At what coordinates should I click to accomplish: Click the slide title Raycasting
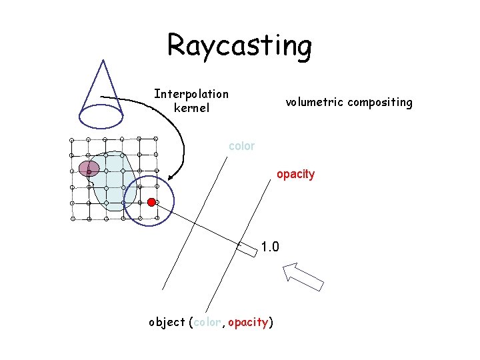[x=239, y=45]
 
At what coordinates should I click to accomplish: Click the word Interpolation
[x=191, y=94]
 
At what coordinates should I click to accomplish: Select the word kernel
[x=191, y=108]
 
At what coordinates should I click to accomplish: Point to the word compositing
[x=382, y=103]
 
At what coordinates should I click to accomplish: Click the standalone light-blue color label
[x=241, y=146]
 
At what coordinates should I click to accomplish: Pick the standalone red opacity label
[x=295, y=174]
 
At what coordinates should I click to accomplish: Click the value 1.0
[x=270, y=247]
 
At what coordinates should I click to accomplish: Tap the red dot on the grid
[x=151, y=201]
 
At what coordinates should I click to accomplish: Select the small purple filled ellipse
[x=89, y=168]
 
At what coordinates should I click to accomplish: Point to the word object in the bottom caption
[x=167, y=323]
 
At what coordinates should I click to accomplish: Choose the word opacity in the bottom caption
[x=247, y=323]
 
